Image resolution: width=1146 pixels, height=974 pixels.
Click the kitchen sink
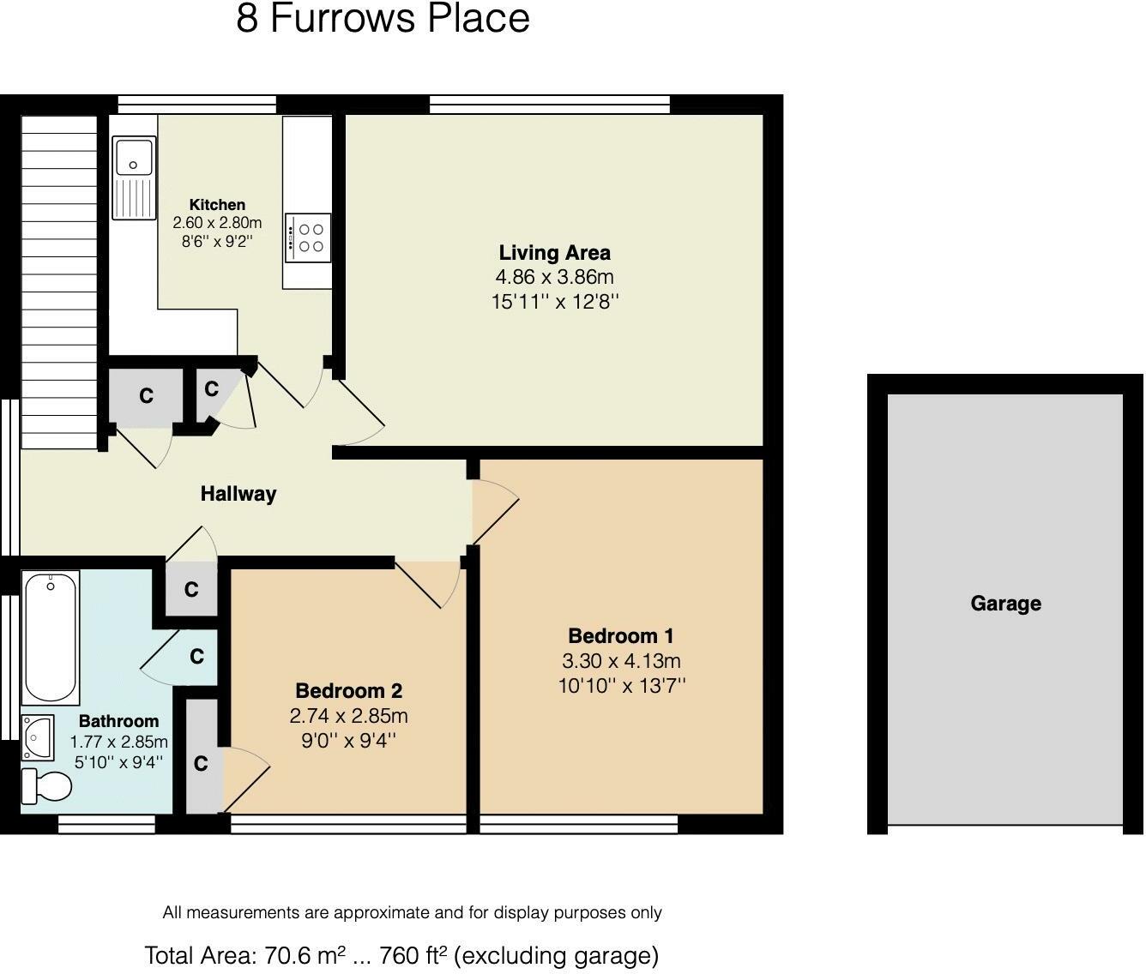click(134, 177)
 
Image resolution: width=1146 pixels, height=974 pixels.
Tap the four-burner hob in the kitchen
click(308, 237)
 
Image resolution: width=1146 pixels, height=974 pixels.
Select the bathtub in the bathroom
click(51, 638)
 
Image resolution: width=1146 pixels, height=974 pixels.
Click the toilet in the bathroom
click(46, 785)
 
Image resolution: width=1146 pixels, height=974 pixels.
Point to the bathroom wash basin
click(38, 737)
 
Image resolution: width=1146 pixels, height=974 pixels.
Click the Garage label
click(1005, 604)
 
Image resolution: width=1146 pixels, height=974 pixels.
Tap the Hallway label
click(238, 494)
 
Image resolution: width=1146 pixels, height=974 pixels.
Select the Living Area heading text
click(554, 253)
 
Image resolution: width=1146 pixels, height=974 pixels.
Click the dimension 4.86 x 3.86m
click(554, 277)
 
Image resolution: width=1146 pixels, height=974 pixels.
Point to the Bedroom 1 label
click(621, 636)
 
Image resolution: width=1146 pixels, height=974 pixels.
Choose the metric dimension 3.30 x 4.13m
click(621, 661)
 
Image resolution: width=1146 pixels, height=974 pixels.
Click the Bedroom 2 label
click(349, 691)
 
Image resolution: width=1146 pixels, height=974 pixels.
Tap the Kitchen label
click(217, 204)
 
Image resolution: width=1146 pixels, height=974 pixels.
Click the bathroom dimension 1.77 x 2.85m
click(118, 742)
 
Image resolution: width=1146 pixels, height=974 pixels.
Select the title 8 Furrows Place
click(383, 19)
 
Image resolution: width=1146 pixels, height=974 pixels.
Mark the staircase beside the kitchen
click(59, 282)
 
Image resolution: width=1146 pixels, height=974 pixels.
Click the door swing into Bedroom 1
click(495, 513)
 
